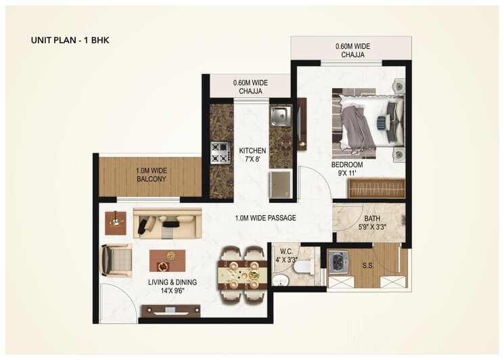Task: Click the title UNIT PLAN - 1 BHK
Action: pyautogui.click(x=70, y=40)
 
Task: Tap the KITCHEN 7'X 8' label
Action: pyautogui.click(x=252, y=155)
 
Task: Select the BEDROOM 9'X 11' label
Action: pyautogui.click(x=347, y=168)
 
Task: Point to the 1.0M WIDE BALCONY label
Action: pyautogui.click(x=151, y=175)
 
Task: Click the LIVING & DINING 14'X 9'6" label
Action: pyautogui.click(x=170, y=287)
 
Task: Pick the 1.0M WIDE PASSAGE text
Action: pyautogui.click(x=265, y=218)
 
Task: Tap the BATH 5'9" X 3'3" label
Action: pyautogui.click(x=372, y=223)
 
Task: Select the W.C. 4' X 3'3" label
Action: pyautogui.click(x=287, y=254)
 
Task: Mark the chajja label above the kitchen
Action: pyautogui.click(x=250, y=87)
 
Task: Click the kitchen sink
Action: pyautogui.click(x=279, y=116)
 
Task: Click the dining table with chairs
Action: pyautogui.click(x=241, y=275)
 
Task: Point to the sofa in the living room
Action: pyautogui.click(x=167, y=223)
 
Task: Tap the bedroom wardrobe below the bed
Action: pyautogui.click(x=377, y=189)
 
